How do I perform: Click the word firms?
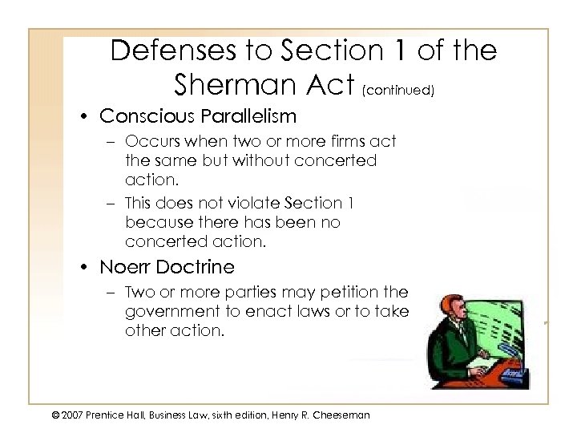click(x=346, y=142)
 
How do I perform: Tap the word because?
click(x=156, y=223)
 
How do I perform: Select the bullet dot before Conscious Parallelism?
click(x=87, y=117)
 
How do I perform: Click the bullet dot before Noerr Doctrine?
click(x=87, y=266)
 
